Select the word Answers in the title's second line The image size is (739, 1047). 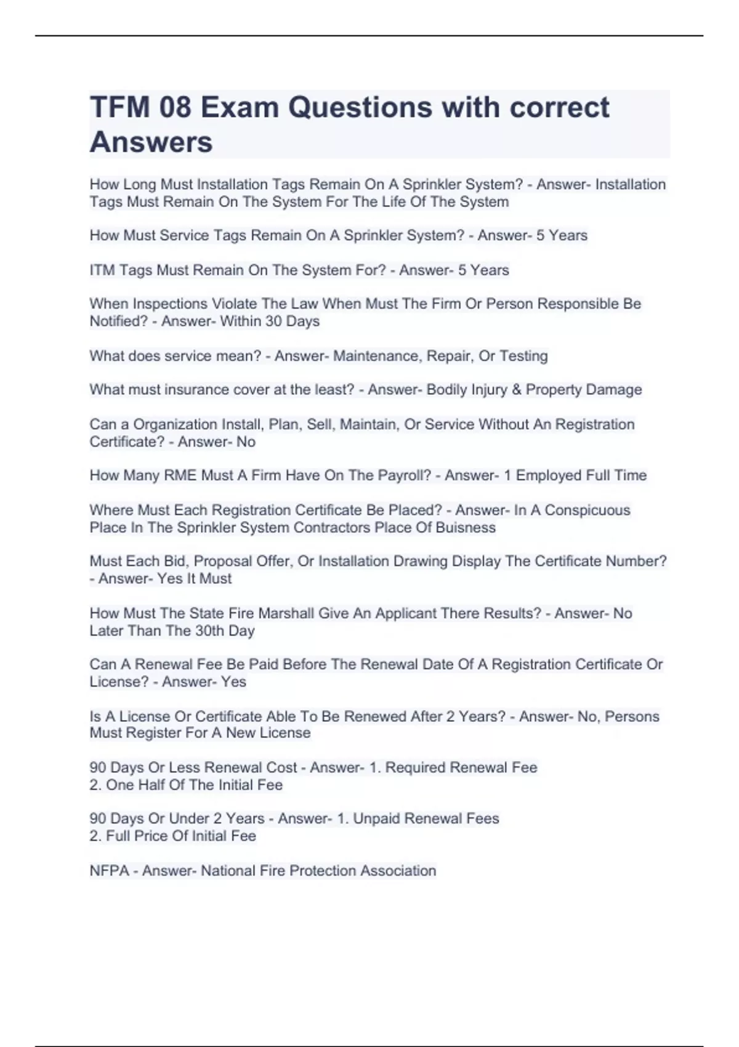coord(151,142)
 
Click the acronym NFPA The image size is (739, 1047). coord(110,871)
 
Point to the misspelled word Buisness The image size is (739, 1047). coord(466,528)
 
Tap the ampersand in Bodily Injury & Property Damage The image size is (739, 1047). coord(516,390)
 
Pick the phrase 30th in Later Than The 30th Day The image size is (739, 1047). coord(209,631)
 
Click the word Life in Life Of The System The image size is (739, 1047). coord(392,202)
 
